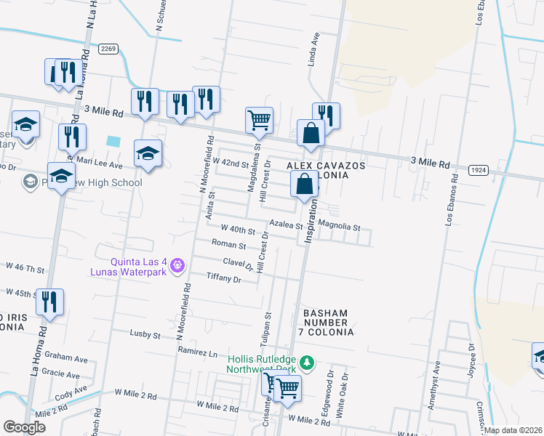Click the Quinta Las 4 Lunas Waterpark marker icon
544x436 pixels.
[176, 267]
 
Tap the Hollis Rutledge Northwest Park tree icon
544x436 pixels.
[308, 362]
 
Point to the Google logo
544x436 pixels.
[23, 427]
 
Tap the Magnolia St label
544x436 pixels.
[340, 227]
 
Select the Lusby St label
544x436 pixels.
[145, 335]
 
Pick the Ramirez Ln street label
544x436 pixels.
[198, 352]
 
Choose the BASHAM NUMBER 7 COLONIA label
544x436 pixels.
[327, 322]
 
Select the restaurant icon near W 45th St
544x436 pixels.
[49, 302]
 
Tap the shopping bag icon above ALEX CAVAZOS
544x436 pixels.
[311, 133]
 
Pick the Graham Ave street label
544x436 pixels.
[65, 358]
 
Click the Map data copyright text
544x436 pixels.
[513, 430]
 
